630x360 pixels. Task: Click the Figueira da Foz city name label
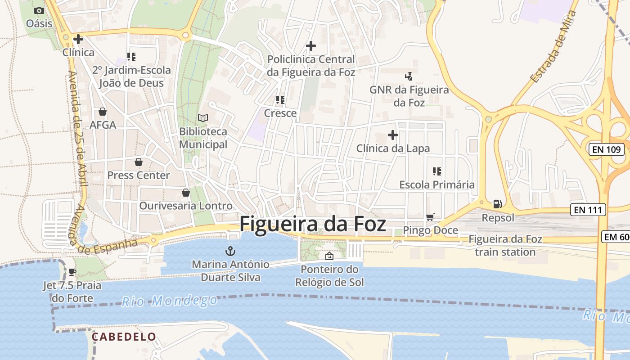point(313,224)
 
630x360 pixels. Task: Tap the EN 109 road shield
point(606,149)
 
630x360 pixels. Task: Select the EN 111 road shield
point(588,209)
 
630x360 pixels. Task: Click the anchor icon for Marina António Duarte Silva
point(230,251)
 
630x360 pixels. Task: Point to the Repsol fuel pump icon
point(497,204)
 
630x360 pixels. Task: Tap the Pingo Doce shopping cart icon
point(430,217)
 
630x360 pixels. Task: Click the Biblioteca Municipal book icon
point(203,118)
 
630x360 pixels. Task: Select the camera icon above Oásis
point(39,10)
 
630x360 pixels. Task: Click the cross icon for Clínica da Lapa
point(393,135)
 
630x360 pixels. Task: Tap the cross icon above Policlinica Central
point(310,46)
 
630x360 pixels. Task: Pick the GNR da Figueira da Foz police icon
point(409,76)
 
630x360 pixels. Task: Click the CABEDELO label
point(124,337)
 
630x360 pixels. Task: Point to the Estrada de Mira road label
point(553,47)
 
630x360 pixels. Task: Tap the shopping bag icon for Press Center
point(138,162)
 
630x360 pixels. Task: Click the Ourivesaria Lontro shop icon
point(185,193)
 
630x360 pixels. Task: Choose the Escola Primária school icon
point(436,171)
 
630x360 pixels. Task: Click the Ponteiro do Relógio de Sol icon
point(329,256)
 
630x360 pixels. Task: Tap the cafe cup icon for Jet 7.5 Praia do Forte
point(72,272)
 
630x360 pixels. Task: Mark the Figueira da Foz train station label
point(505,245)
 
